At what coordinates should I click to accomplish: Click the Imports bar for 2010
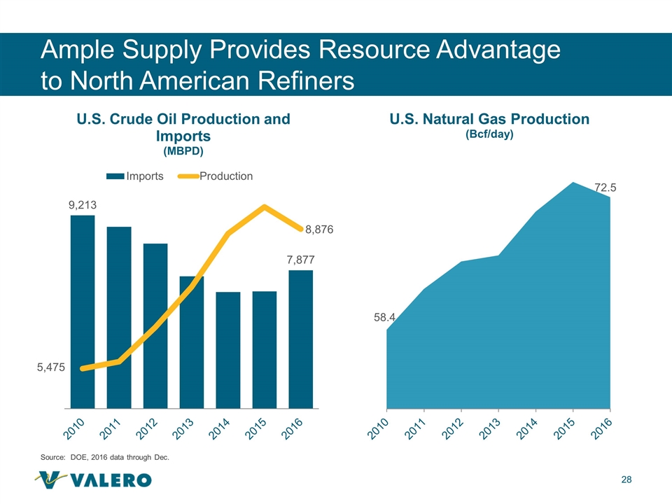pyautogui.click(x=83, y=311)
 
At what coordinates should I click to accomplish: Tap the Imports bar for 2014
pyautogui.click(x=228, y=349)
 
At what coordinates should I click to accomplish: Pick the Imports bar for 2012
pyautogui.click(x=155, y=325)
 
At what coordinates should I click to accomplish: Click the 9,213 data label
pyautogui.click(x=82, y=205)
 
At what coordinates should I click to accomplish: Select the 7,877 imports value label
pyautogui.click(x=300, y=260)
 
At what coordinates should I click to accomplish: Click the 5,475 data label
pyautogui.click(x=50, y=367)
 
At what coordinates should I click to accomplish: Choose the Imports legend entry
pyautogui.click(x=136, y=176)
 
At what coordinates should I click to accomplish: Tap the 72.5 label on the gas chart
pyautogui.click(x=605, y=188)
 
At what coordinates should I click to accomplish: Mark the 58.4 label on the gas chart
pyautogui.click(x=384, y=317)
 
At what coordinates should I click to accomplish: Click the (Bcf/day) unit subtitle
pyautogui.click(x=489, y=135)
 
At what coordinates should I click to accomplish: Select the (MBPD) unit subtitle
pyautogui.click(x=183, y=150)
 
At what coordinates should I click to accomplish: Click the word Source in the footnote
pyautogui.click(x=53, y=457)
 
